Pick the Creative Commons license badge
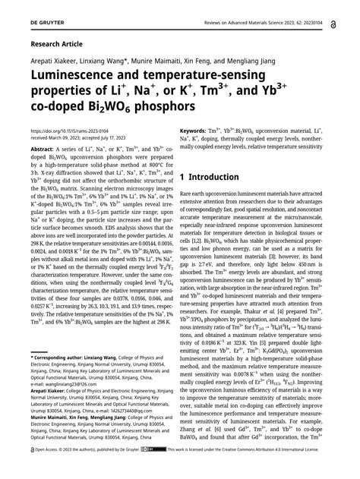(x=155, y=470)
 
